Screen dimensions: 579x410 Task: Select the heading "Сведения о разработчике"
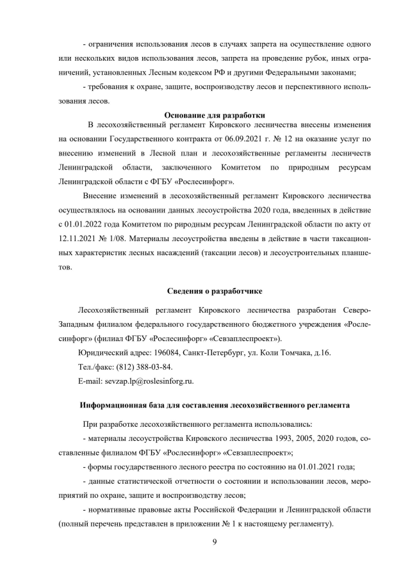pos(206,292)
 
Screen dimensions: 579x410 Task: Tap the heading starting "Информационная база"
pos(214,406)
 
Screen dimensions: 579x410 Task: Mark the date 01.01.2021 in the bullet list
pos(326,467)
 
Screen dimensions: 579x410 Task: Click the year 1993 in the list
pos(272,438)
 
